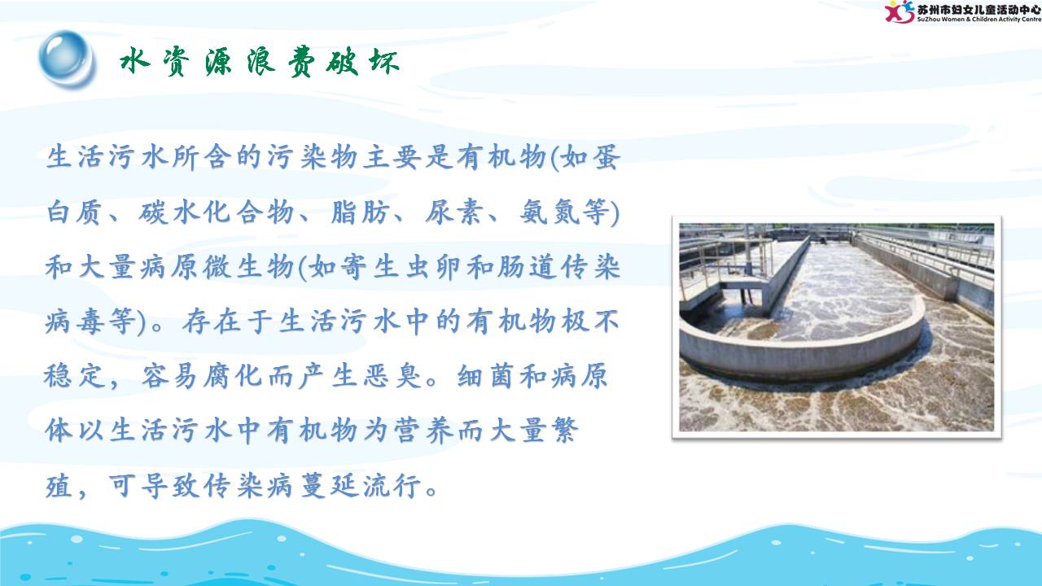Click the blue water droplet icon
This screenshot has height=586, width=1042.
click(x=67, y=58)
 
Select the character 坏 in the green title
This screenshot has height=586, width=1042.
click(x=384, y=61)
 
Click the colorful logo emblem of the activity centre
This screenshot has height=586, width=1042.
click(x=900, y=11)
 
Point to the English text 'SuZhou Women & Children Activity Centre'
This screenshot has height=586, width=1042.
click(x=979, y=20)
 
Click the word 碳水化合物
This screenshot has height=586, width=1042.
click(x=216, y=212)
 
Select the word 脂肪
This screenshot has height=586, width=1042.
click(x=360, y=212)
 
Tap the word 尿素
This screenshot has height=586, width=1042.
click(x=453, y=212)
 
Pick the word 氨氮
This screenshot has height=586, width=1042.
click(x=549, y=212)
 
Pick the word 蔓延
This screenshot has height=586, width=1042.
click(x=330, y=486)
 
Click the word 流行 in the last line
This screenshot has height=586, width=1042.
click(x=392, y=486)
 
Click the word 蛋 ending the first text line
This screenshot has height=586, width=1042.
click(x=606, y=157)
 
